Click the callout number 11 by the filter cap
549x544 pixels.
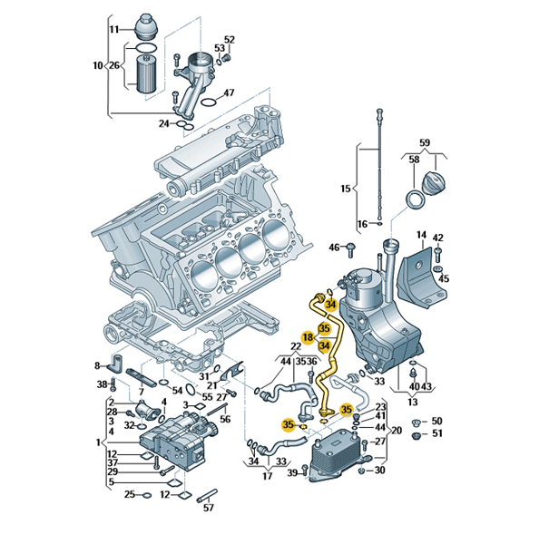[x=114, y=30]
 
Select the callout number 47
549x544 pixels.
[x=230, y=92]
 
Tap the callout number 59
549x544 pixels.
[x=424, y=142]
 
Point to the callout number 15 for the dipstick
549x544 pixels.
[x=345, y=189]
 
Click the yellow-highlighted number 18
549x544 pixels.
[x=308, y=337]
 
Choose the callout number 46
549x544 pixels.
[x=334, y=247]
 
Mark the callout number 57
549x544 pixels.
[x=209, y=507]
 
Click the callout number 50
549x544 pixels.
[x=436, y=422]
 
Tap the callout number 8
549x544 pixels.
[x=99, y=365]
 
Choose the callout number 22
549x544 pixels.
[x=296, y=346]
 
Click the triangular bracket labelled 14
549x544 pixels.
[x=416, y=265]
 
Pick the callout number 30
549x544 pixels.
[x=380, y=470]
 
